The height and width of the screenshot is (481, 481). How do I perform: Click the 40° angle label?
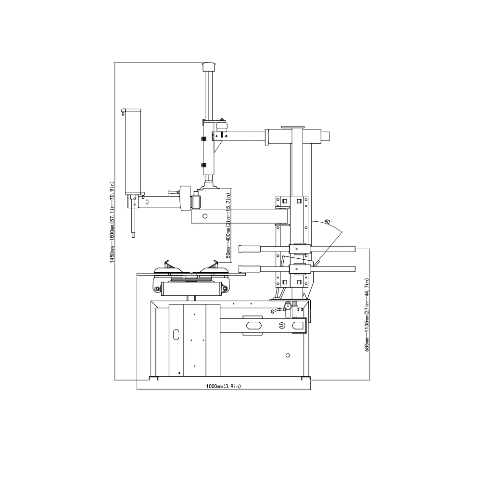tap(328, 222)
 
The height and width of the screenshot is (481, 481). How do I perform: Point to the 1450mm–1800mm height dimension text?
tap(112, 221)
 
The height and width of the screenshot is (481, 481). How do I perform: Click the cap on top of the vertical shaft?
tap(208, 65)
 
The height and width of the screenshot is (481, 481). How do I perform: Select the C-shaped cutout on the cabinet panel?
tap(176, 334)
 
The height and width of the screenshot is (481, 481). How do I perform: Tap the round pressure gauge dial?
tap(288, 305)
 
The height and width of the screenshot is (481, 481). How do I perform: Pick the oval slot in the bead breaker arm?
tap(253, 326)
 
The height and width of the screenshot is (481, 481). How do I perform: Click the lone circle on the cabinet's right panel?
tap(287, 355)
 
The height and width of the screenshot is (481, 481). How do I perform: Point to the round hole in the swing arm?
tap(205, 216)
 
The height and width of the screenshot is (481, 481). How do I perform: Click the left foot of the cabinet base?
tap(154, 378)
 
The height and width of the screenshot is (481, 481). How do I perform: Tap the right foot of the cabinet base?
tap(304, 378)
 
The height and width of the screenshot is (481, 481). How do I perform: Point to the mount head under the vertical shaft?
tap(210, 183)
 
